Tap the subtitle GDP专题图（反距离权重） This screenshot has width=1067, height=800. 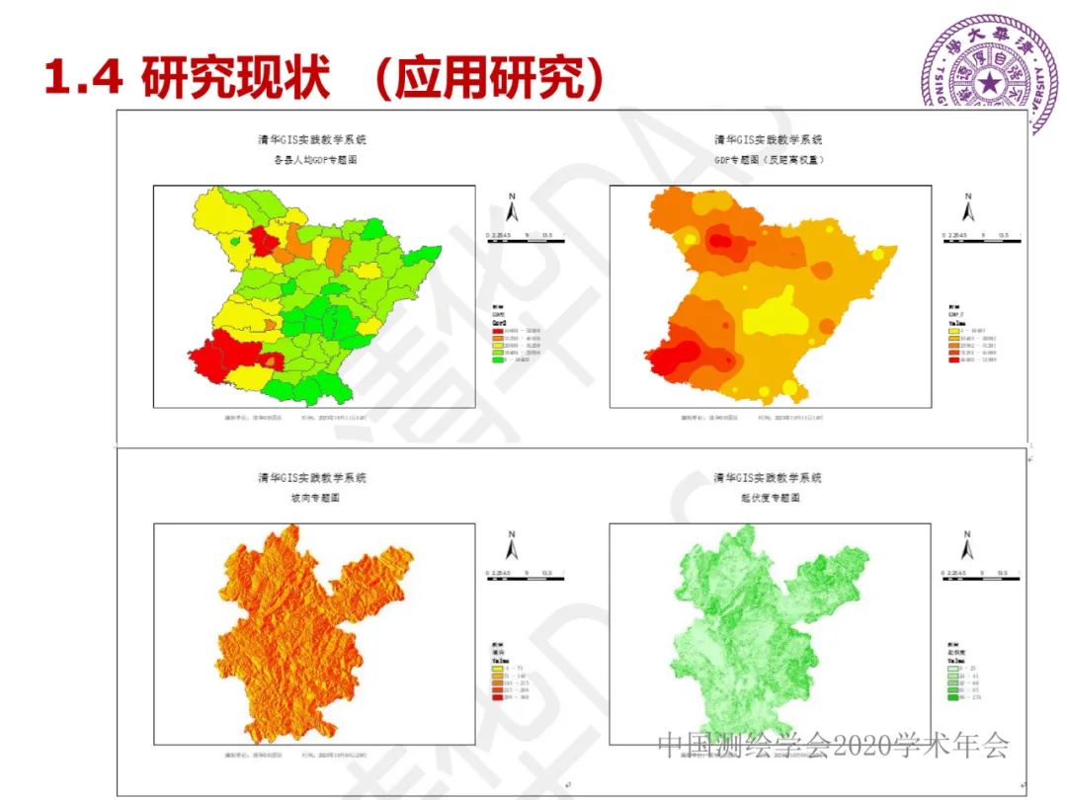click(769, 159)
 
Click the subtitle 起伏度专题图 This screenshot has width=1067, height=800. click(769, 498)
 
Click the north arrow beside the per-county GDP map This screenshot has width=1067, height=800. click(512, 208)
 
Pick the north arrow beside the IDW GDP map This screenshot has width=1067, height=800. click(968, 208)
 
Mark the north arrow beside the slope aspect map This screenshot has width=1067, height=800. click(512, 546)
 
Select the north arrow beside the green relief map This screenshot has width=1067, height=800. click(968, 546)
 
